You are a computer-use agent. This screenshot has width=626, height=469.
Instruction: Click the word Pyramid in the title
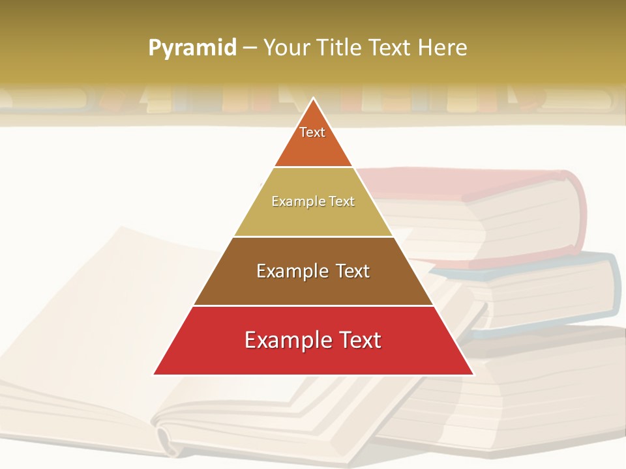[192, 48]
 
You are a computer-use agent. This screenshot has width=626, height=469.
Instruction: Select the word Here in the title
[443, 48]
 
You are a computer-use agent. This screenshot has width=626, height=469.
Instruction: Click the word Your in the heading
[285, 48]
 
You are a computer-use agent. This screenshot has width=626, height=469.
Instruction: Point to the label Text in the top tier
[312, 132]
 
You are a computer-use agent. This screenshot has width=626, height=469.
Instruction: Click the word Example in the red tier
[286, 340]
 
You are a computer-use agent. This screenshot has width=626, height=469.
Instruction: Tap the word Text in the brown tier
[351, 271]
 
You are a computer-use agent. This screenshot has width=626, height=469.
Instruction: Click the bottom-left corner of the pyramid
[155, 374]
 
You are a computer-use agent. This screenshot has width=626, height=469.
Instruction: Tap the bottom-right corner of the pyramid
[473, 374]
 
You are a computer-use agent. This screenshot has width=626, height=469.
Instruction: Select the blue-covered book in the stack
[554, 287]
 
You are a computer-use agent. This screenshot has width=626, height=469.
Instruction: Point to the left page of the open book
[98, 326]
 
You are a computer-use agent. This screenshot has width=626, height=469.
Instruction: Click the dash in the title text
[250, 48]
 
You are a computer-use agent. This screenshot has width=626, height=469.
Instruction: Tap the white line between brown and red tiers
[313, 306]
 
